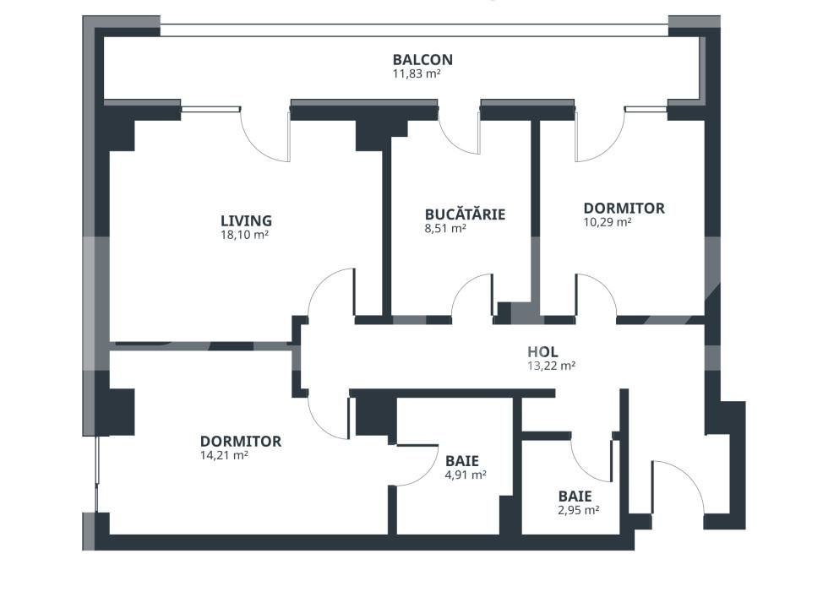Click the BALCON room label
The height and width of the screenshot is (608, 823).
click(422, 60)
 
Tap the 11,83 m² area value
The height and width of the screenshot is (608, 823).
click(416, 74)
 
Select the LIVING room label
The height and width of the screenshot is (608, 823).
click(246, 221)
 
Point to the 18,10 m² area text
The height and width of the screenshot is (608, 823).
click(244, 236)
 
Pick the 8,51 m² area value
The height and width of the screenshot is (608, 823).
click(446, 228)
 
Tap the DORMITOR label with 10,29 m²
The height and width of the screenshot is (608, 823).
click(624, 209)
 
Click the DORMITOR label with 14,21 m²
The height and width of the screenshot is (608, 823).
click(240, 442)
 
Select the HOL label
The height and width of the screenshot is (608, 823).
click(542, 352)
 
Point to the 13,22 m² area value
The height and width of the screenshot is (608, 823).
click(551, 366)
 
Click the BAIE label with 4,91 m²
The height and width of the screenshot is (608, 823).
click(462, 461)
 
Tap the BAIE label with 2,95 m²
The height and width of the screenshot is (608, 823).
click(575, 497)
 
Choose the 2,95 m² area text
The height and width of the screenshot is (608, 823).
click(578, 510)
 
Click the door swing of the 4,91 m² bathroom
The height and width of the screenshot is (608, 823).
click(414, 464)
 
